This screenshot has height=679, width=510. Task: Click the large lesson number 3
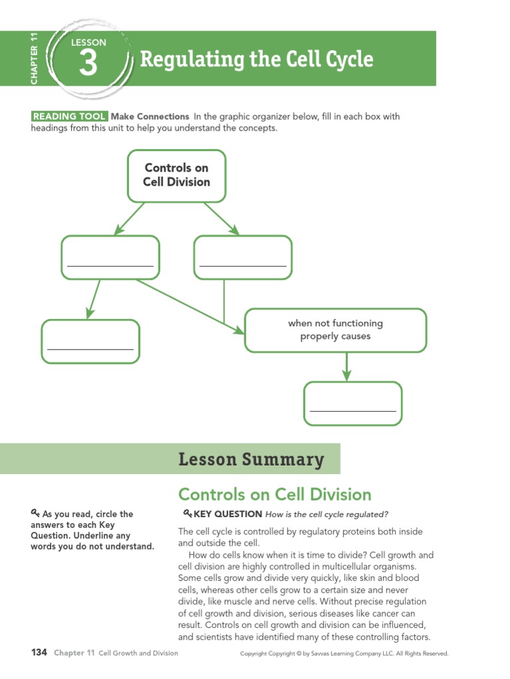coord(88,65)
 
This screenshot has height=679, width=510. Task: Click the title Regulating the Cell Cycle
coord(256,60)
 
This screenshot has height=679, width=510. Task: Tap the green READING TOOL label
coord(68,117)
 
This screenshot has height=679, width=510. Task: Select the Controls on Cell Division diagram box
coord(177,175)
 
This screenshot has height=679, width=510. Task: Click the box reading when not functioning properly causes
coord(335,330)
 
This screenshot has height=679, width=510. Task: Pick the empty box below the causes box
coord(353,403)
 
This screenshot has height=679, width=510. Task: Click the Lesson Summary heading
coord(251,459)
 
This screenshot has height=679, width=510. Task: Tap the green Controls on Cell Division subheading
coord(274,495)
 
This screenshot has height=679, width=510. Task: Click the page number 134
coord(39,653)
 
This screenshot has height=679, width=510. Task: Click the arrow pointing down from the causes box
coord(347,367)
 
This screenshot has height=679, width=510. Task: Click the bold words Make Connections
coord(150,117)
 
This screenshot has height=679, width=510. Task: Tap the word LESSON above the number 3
coord(88,42)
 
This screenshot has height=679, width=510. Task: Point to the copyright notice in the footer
coord(344,654)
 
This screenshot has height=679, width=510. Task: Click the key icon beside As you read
coord(35,513)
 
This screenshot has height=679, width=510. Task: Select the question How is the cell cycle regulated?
coord(326,514)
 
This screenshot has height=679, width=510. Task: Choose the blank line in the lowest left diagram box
coord(90,349)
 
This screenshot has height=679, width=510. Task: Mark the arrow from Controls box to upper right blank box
coord(222,218)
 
